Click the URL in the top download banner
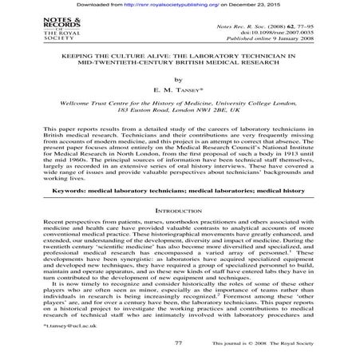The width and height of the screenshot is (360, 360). coord(188,5)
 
